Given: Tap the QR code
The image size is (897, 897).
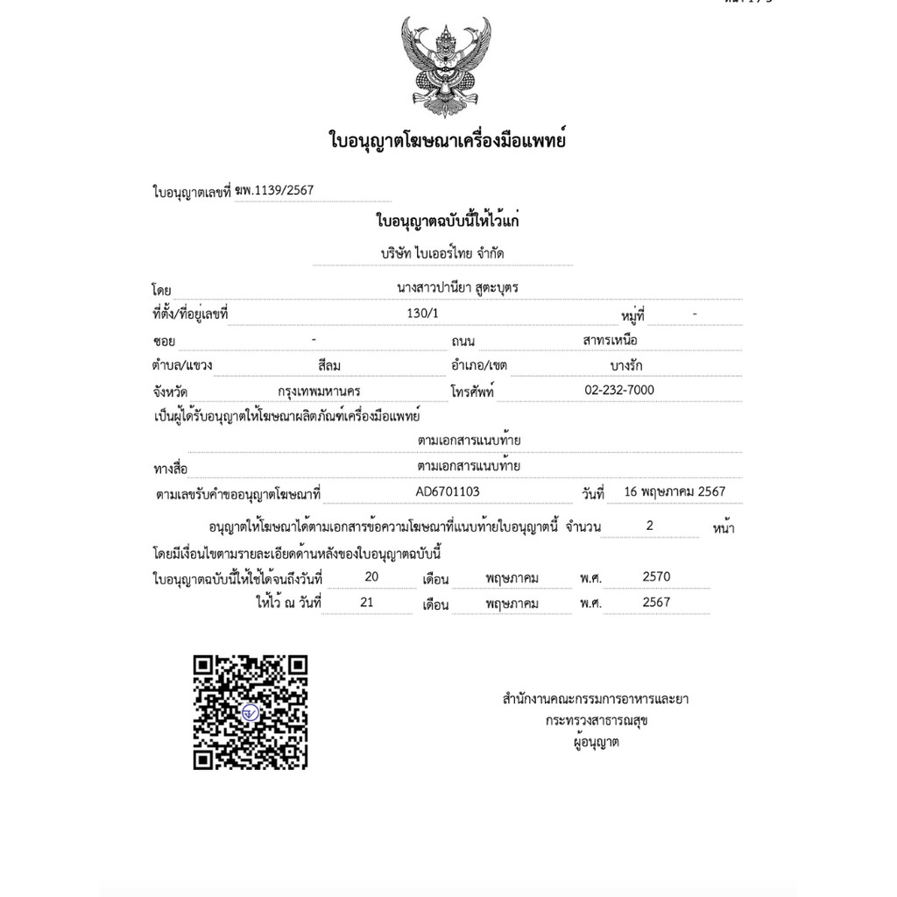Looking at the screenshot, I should coord(251,711).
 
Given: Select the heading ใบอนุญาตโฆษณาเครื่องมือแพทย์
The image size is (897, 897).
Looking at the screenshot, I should coord(447,140).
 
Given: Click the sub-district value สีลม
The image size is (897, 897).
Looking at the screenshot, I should coord(334,364).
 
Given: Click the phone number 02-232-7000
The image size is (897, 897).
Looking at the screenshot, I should coord(618,390).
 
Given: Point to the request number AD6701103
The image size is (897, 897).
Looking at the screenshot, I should coord(448,491).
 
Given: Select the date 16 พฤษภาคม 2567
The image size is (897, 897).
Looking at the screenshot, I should coord(675,491).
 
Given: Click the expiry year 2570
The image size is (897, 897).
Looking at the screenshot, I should coord(656,576).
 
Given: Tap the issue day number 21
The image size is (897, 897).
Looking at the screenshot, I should coord(367,602).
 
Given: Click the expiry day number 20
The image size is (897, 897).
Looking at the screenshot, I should coord(371,576).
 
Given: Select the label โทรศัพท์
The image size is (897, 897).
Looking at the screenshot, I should coord(472,392).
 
